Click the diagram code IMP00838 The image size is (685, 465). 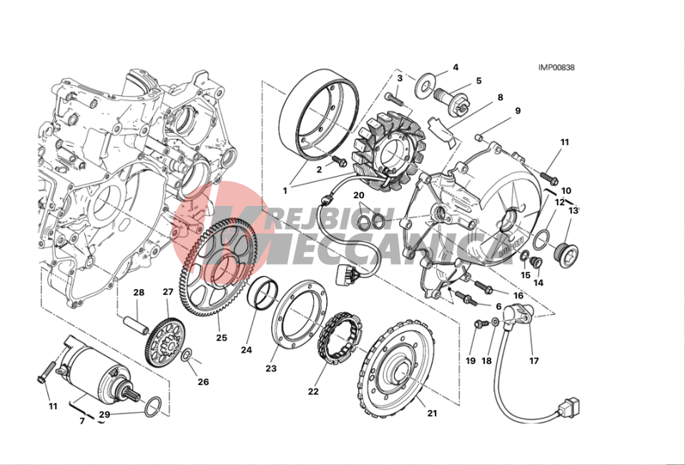[x=556, y=67]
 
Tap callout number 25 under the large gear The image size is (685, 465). [x=222, y=338]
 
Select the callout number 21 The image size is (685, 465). [x=432, y=413]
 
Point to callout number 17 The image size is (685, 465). [x=534, y=361]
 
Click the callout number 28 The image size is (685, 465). [x=139, y=293]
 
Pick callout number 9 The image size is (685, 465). [x=518, y=111]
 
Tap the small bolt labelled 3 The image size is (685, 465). [x=395, y=98]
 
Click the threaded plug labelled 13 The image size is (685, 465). [x=566, y=254]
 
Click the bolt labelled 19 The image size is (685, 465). [x=481, y=324]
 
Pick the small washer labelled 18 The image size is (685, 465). [x=495, y=322]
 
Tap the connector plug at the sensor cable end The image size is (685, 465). [x=568, y=407]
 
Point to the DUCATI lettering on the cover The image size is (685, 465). [x=511, y=248]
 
